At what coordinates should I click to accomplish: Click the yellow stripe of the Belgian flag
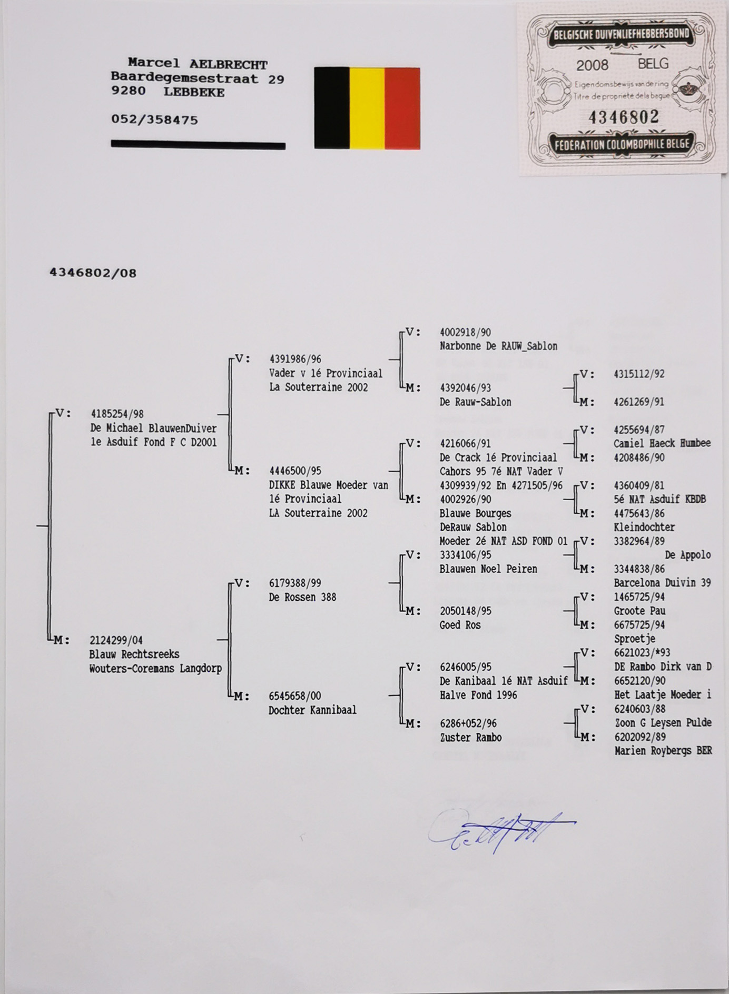click(x=367, y=108)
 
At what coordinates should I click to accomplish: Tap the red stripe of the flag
click(x=402, y=108)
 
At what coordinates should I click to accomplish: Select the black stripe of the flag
click(x=331, y=108)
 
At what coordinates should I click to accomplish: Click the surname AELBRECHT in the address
click(x=228, y=65)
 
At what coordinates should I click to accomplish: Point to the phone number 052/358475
click(x=154, y=120)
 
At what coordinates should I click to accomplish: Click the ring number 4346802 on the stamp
click(x=623, y=117)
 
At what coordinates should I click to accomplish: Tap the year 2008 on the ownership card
click(x=592, y=65)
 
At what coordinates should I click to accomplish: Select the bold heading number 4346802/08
click(x=93, y=273)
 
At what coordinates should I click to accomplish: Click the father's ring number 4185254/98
click(x=117, y=414)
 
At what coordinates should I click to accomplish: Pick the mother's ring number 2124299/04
click(x=116, y=640)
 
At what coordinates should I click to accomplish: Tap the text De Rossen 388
click(x=302, y=597)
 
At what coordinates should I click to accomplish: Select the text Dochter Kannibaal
click(x=312, y=710)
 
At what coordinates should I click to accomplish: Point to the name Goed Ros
click(x=460, y=625)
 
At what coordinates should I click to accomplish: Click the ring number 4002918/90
click(x=465, y=332)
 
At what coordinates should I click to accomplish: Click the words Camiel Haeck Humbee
click(x=662, y=443)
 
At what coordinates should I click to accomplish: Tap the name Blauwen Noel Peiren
click(x=488, y=569)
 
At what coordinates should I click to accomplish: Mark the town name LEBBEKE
click(x=194, y=92)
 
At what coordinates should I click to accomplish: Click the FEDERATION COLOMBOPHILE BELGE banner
click(x=622, y=144)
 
